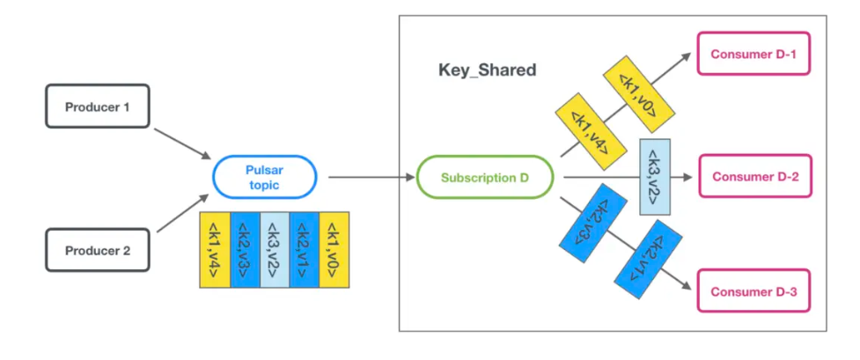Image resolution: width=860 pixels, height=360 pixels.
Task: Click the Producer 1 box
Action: pyautogui.click(x=97, y=107)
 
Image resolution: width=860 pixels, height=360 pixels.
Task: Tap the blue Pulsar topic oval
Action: pyautogui.click(x=265, y=176)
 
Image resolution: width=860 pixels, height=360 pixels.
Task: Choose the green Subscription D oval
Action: pyautogui.click(x=485, y=178)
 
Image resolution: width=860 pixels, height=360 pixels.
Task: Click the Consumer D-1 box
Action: pyautogui.click(x=753, y=55)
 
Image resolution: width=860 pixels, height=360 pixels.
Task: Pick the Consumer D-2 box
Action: pyautogui.click(x=754, y=176)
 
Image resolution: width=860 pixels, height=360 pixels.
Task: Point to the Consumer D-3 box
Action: pyautogui.click(x=754, y=292)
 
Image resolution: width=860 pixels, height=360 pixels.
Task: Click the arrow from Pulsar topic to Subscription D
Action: pyautogui.click(x=370, y=178)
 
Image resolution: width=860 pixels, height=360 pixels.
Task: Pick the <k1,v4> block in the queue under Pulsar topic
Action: pyautogui.click(x=215, y=249)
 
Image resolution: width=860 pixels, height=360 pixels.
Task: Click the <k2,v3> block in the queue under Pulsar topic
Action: pyautogui.click(x=245, y=249)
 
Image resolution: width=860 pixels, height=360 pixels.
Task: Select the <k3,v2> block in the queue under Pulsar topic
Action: pyautogui.click(x=275, y=249)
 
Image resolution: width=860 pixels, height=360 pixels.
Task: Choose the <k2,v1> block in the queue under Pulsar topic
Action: pyautogui.click(x=305, y=249)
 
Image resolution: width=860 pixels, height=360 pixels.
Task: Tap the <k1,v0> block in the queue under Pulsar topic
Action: pyautogui.click(x=334, y=249)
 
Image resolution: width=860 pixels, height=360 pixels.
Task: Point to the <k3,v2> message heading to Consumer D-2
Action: pyautogui.click(x=656, y=176)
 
